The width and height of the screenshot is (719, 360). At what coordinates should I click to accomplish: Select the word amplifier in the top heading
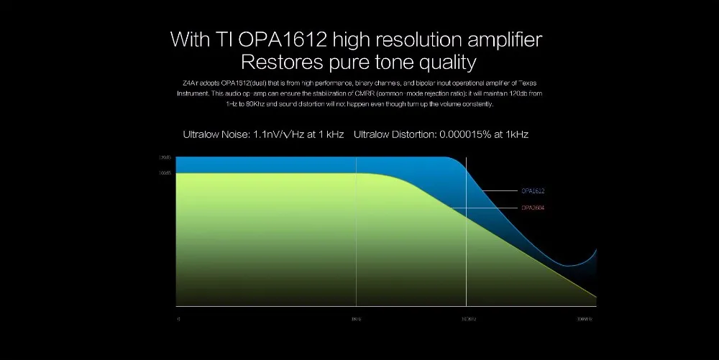click(500, 39)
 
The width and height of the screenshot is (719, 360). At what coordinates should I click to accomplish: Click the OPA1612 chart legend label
click(533, 191)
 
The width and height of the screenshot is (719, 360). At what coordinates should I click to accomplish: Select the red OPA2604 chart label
click(533, 208)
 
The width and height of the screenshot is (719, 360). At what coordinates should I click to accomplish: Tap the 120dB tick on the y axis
click(164, 157)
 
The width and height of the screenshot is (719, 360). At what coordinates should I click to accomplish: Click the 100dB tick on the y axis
click(164, 173)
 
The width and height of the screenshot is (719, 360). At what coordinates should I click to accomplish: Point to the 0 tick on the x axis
click(178, 318)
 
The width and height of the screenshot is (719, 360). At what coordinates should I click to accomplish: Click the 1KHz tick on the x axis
click(355, 318)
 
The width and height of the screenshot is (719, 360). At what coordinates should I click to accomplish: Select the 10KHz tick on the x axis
click(468, 318)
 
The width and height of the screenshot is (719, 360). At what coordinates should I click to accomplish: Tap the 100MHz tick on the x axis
click(585, 318)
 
